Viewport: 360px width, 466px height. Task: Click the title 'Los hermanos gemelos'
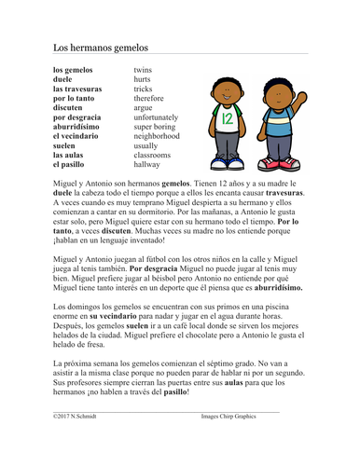point(100,47)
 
